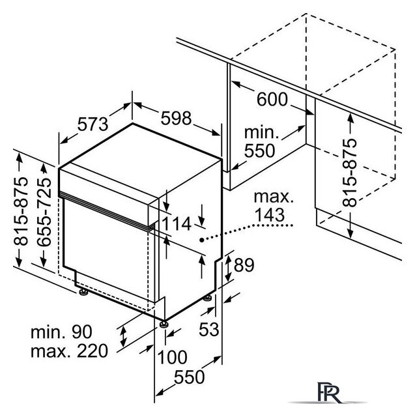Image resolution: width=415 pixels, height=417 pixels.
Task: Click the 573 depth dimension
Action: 93,124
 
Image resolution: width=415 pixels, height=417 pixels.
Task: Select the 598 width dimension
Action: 176,118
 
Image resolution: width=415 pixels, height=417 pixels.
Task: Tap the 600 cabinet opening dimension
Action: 272,99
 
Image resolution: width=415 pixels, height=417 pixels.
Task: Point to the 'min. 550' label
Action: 261,141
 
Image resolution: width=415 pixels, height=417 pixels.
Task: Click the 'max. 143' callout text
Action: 273,206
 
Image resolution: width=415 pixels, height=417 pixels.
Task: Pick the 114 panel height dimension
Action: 177,223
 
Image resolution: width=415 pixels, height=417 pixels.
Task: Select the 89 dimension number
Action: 244,265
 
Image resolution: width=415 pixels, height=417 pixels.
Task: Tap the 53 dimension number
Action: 209,329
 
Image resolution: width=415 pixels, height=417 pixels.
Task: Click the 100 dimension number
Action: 172,357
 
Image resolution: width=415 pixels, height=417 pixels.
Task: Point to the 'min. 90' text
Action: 61,332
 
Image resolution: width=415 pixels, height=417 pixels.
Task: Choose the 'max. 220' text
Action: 70,351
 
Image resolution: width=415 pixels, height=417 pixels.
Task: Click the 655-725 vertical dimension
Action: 44,212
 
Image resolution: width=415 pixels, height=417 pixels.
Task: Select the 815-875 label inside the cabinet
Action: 349,172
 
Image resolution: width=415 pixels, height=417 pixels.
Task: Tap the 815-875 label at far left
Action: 21,211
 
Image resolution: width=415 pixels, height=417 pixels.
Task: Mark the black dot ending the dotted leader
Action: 202,240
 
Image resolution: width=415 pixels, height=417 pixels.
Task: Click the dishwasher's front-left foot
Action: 84,292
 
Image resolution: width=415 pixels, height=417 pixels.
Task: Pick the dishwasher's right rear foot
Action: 208,298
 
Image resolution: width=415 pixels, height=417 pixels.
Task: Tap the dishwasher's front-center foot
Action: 164,324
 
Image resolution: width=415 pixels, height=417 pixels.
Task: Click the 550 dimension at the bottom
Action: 190,377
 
